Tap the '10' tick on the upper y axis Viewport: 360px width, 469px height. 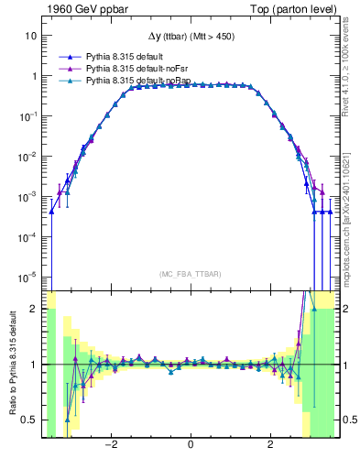point(30,36)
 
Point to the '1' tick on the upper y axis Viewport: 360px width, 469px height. point(33,76)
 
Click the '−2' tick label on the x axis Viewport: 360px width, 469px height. point(111,445)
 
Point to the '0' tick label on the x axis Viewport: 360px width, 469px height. point(191,445)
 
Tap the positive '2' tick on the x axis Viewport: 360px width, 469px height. point(270,445)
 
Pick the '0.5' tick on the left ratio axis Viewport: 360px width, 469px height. point(28,420)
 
